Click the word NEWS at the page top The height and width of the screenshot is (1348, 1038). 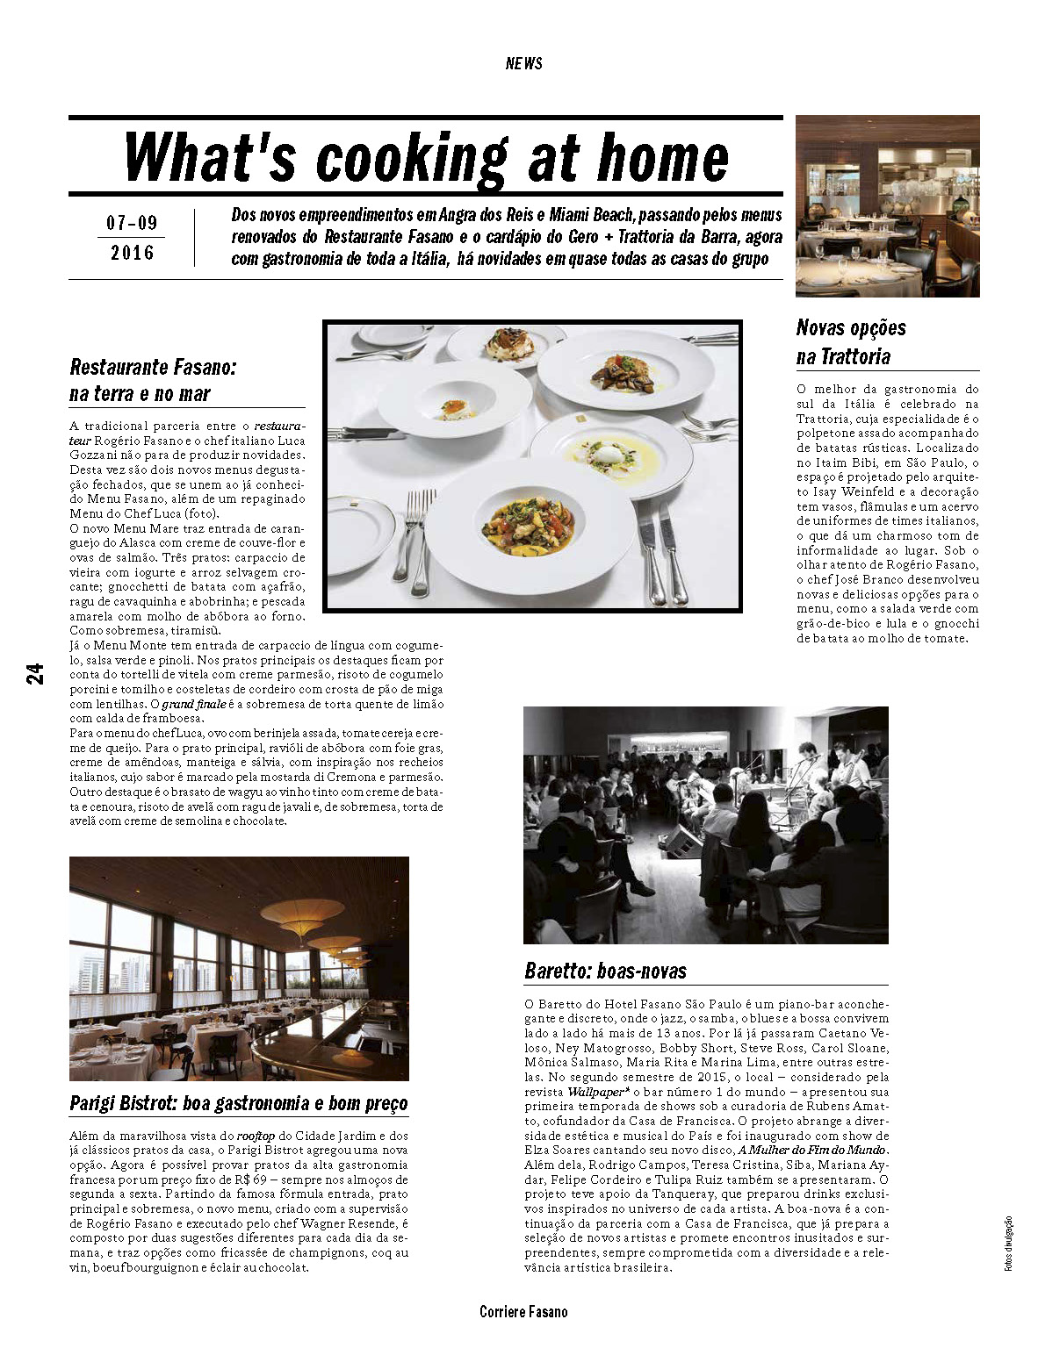523,63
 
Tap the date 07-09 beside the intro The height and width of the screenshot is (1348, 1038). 132,223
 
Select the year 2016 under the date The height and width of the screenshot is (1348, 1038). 132,253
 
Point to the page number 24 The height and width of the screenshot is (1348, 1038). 34,673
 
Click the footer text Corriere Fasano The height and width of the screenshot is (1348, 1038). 523,1312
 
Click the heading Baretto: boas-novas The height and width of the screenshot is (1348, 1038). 605,971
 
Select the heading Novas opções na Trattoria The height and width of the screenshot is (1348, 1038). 850,341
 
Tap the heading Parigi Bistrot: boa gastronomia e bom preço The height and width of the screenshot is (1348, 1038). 239,1103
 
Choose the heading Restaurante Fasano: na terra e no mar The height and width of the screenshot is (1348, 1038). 153,380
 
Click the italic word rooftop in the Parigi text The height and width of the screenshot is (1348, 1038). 256,1136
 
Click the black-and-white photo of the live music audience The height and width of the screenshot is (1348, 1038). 705,825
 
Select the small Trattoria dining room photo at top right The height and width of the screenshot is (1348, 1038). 887,205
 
